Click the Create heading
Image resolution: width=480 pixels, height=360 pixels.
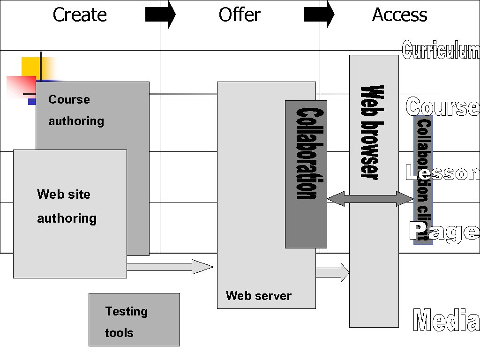click(x=80, y=15)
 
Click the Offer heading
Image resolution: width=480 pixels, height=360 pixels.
click(x=240, y=15)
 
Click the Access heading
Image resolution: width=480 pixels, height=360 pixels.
click(x=399, y=15)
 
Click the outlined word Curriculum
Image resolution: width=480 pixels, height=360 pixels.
click(x=441, y=50)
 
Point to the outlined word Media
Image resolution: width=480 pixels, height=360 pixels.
click(x=446, y=321)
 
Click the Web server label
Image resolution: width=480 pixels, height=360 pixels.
click(x=258, y=296)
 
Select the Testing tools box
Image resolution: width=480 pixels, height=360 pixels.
click(x=134, y=320)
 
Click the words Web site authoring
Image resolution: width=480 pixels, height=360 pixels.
click(x=67, y=206)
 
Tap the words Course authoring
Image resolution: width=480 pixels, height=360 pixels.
click(x=75, y=110)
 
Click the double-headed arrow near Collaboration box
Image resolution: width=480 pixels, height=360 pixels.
click(x=370, y=199)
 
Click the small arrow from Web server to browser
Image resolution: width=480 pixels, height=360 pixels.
click(x=332, y=272)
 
